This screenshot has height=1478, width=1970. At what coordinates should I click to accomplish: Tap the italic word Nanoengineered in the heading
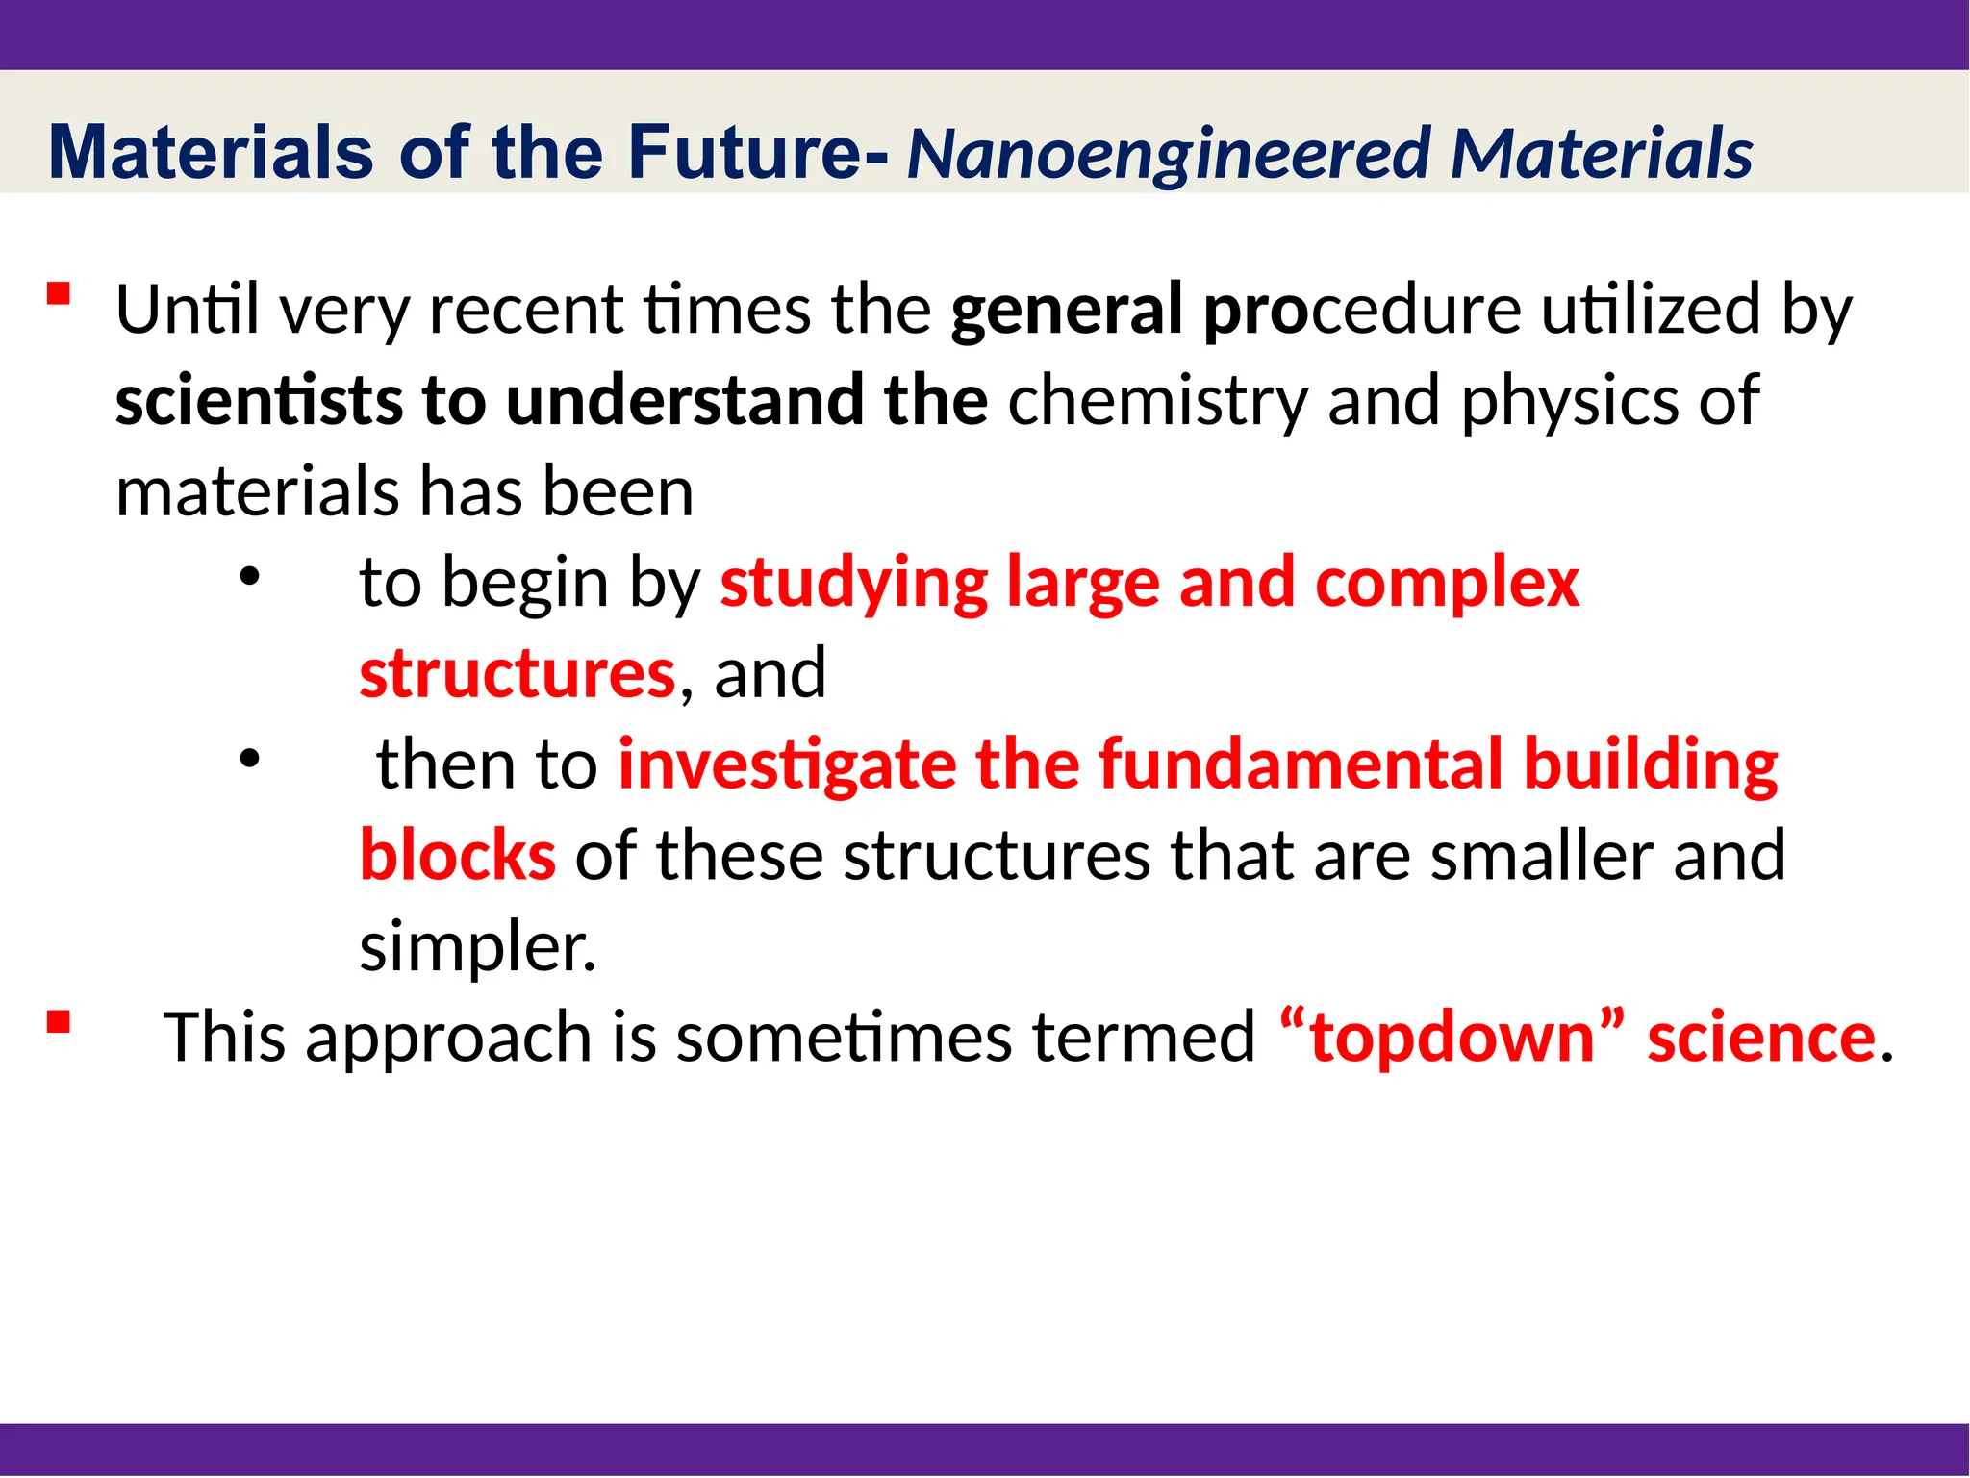(x=1169, y=154)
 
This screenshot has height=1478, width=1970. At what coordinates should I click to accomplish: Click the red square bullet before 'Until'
(x=60, y=293)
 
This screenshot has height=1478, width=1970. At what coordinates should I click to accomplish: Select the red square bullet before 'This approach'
(x=60, y=1021)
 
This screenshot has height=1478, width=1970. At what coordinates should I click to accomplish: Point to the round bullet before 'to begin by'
(x=250, y=577)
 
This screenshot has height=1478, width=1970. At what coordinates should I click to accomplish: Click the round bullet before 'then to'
(x=250, y=759)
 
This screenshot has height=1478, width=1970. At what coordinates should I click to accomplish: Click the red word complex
(x=1447, y=585)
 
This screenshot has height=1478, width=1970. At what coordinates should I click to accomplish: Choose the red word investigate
(x=786, y=764)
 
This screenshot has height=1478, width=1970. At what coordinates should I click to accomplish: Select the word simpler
(x=477, y=947)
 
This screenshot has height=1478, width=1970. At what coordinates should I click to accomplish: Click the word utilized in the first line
(x=1651, y=310)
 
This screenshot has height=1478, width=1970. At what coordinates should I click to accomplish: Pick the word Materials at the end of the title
(x=1602, y=154)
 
